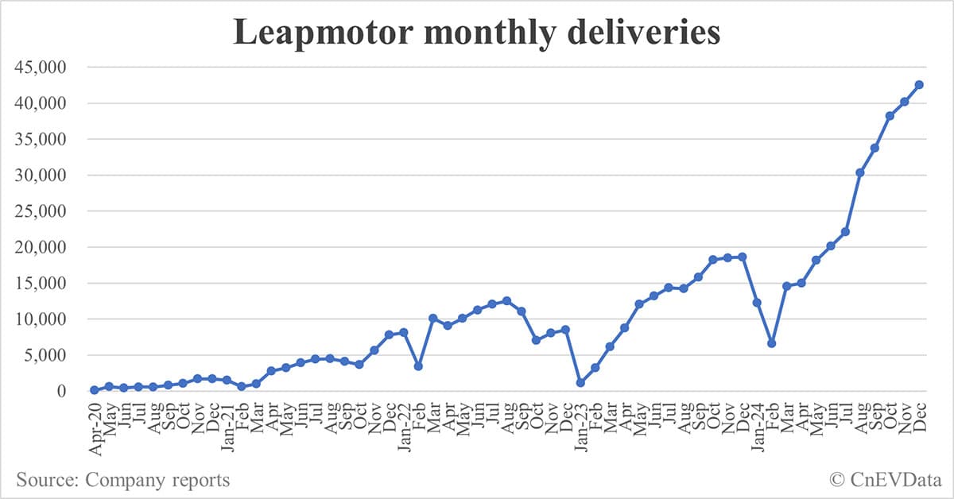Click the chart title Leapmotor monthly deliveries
476,33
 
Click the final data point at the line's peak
919,84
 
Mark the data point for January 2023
580,383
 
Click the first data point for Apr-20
95,390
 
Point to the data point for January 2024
757,303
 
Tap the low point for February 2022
418,366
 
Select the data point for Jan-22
404,332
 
